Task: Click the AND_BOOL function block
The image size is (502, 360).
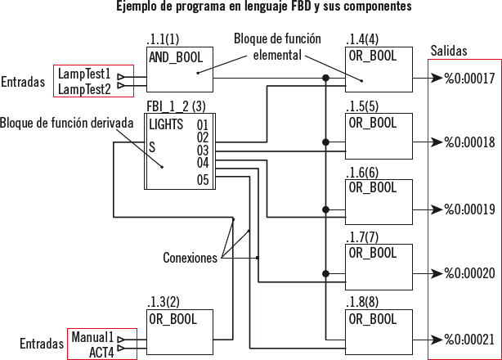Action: (180, 73)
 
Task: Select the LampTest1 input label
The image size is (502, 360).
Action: (85, 73)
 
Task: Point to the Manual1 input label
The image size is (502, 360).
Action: (92, 336)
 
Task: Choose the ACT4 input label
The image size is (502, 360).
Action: (101, 351)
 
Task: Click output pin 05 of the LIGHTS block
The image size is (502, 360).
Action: (203, 180)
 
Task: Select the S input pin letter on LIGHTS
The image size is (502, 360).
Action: (152, 147)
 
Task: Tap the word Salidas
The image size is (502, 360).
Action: (449, 51)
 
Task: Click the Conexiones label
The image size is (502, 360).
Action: (190, 257)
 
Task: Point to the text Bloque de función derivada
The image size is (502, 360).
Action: (67, 123)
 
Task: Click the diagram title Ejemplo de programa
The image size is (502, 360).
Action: (250, 7)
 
